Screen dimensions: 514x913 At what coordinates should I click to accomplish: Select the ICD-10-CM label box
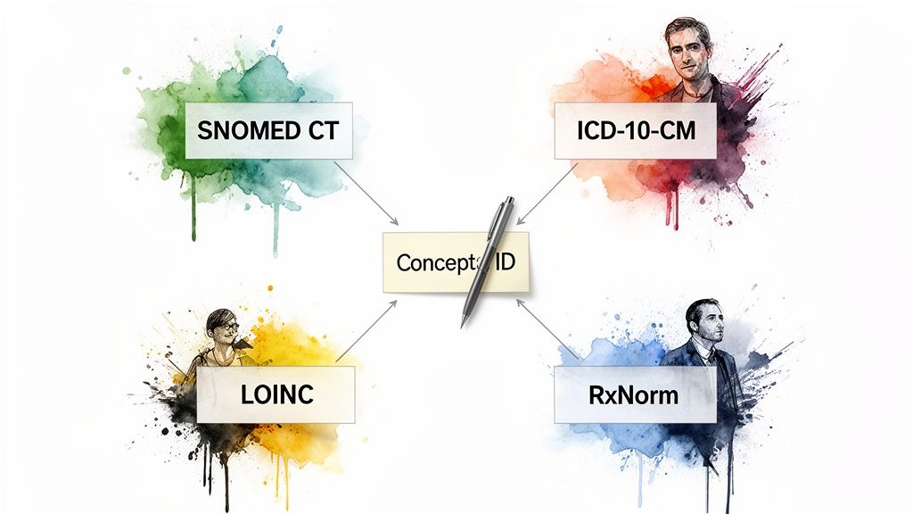coord(634,130)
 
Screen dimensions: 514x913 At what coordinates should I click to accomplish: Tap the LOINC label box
coord(276,394)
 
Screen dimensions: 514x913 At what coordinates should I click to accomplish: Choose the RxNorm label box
coord(634,394)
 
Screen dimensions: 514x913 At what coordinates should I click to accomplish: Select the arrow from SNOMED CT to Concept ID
coord(369,195)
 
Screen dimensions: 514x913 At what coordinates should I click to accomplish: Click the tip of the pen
coord(463,324)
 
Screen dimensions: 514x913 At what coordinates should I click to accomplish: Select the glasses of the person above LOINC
coord(225,327)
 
